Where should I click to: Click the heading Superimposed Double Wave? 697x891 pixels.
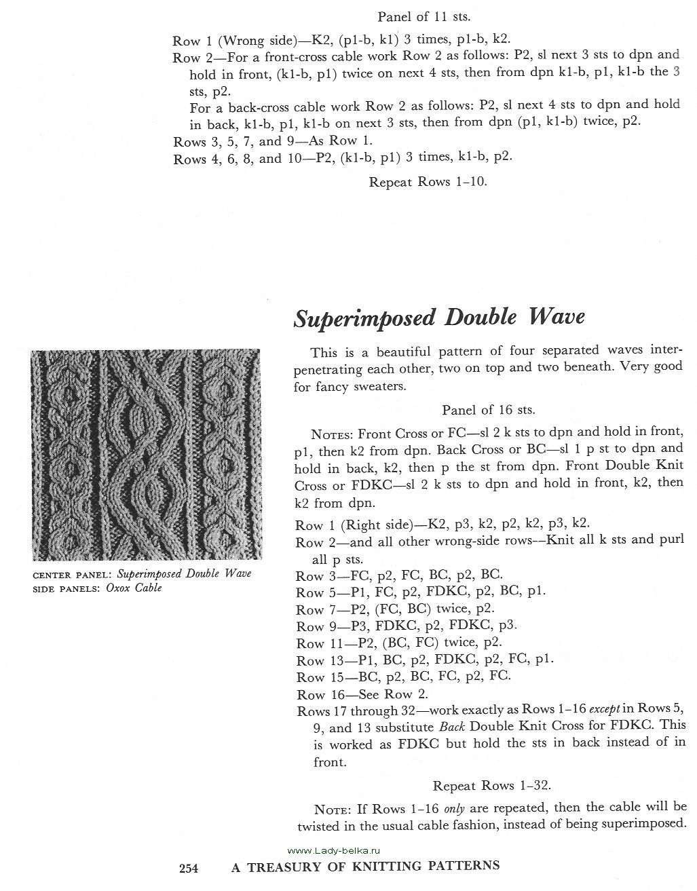438,318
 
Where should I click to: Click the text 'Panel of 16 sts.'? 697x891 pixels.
488,410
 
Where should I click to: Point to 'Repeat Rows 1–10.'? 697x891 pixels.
428,181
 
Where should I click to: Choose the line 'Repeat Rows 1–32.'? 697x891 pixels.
491,785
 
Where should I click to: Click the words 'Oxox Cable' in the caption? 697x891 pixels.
134,588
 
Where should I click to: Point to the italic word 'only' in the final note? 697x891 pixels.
454,808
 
